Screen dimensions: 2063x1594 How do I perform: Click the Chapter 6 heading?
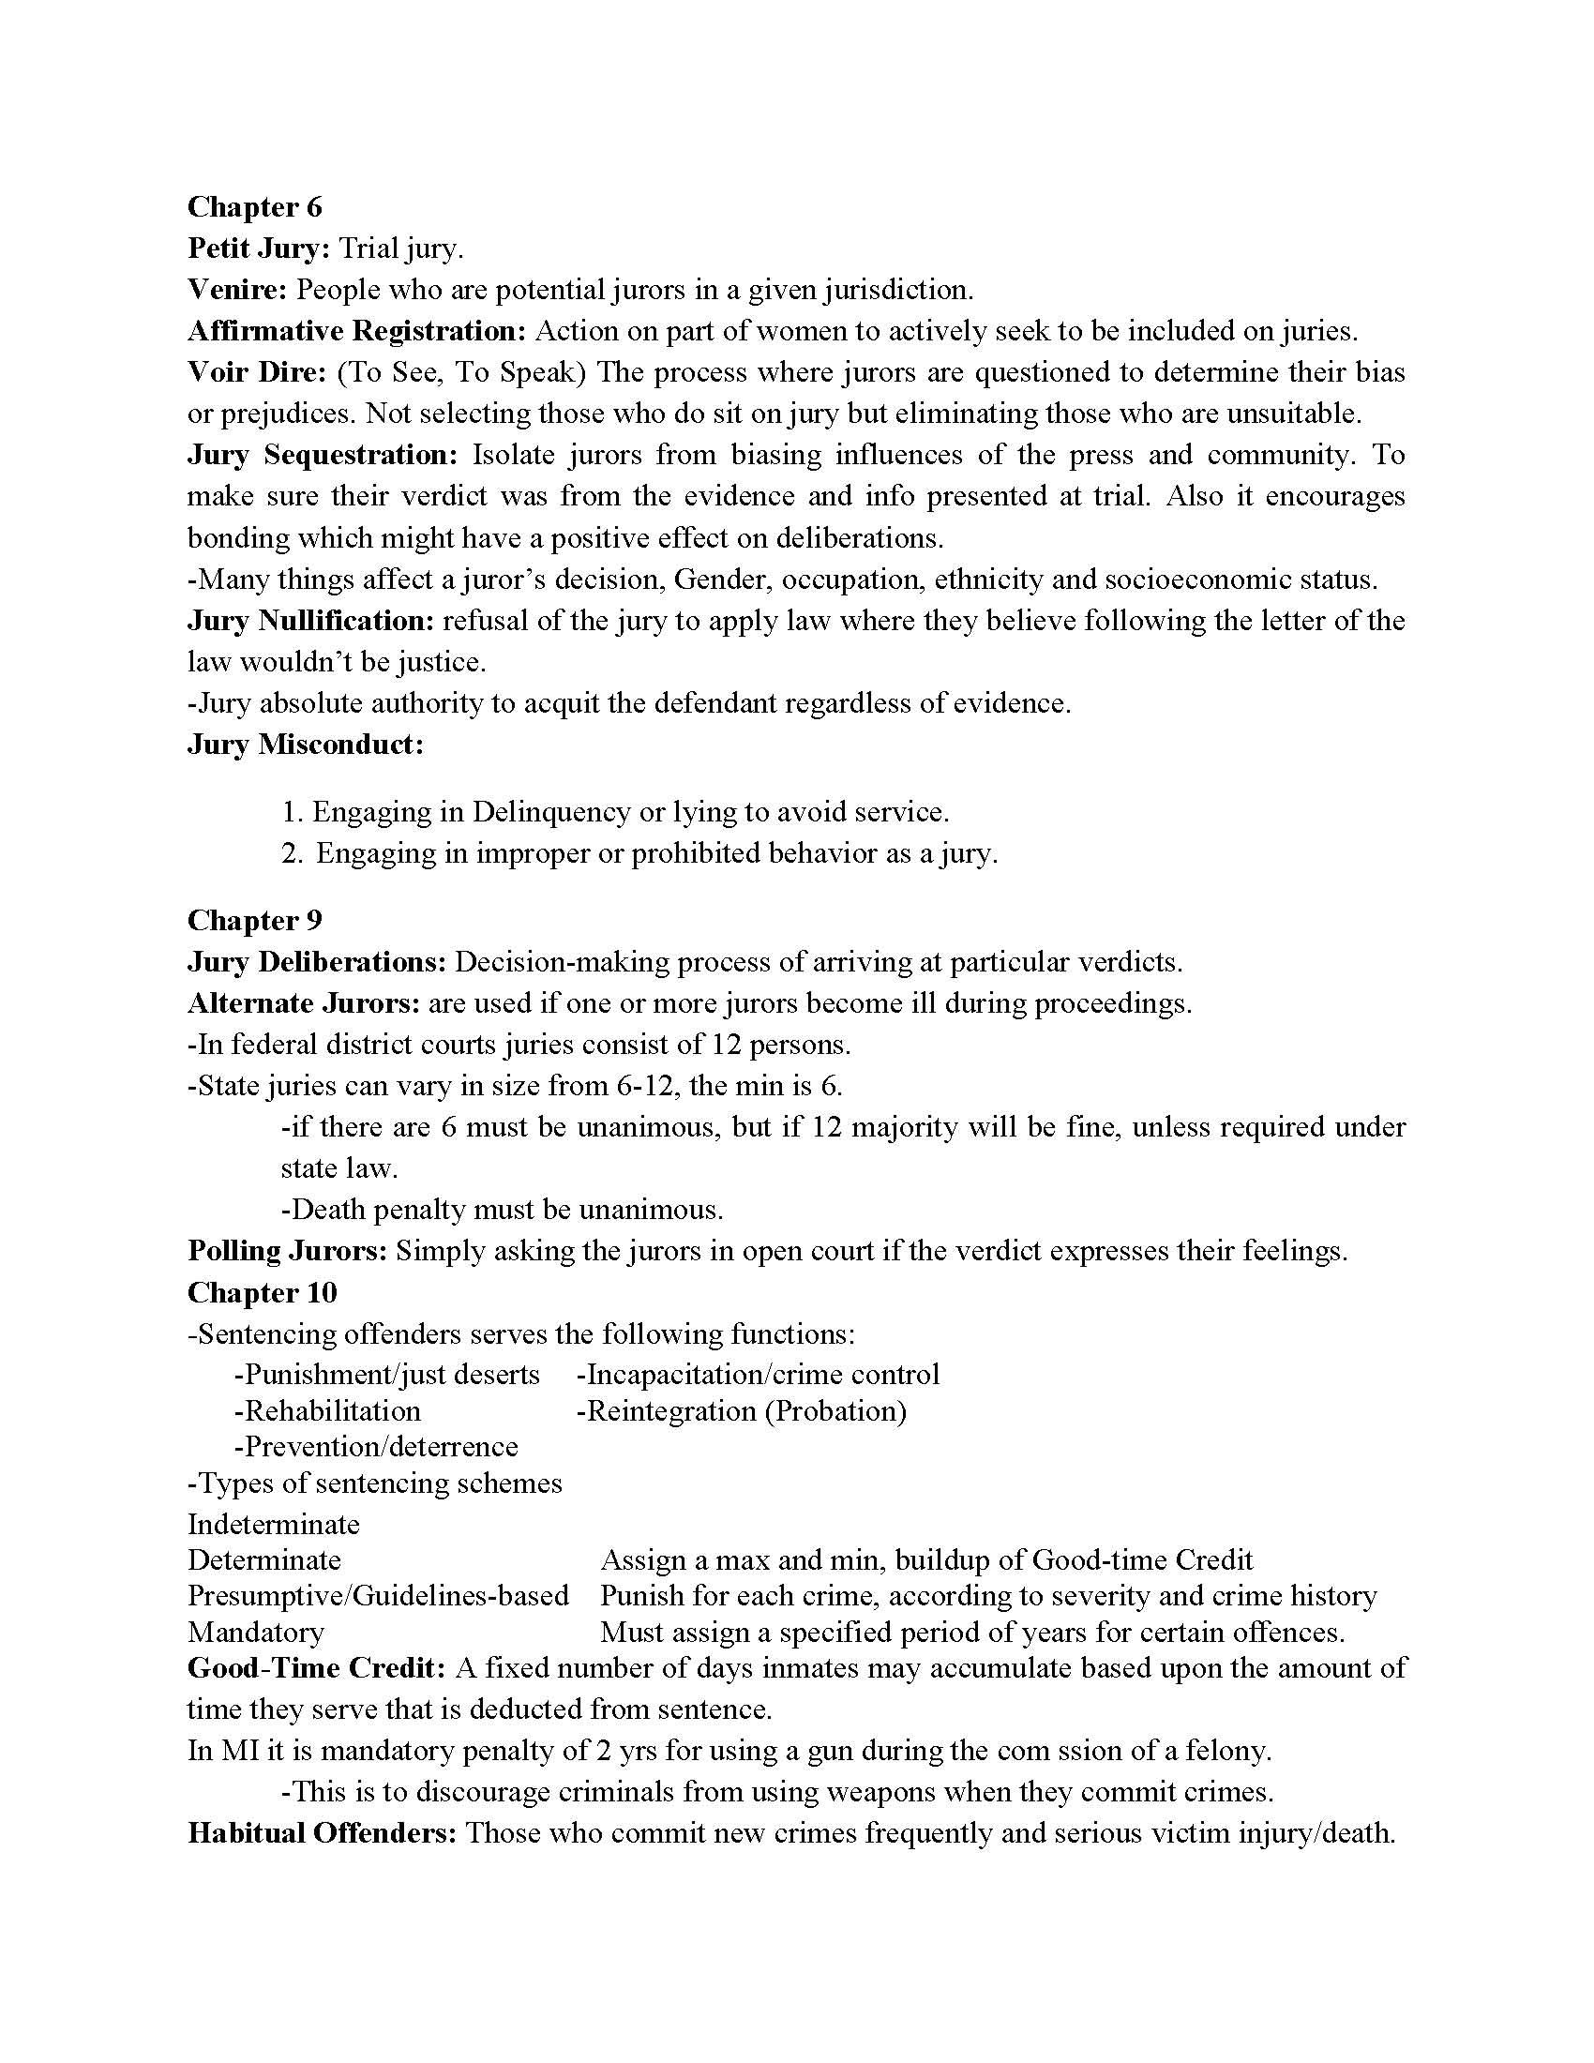(255, 207)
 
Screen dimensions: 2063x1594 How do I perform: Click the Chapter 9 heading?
(255, 920)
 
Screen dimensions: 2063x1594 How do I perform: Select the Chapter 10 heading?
(262, 1292)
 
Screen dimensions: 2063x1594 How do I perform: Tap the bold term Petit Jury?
(258, 248)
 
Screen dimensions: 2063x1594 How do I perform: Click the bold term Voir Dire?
(256, 372)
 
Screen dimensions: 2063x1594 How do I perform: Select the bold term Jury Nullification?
(310, 621)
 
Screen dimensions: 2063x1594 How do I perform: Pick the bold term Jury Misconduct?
(305, 745)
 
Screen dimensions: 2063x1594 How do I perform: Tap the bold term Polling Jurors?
(287, 1251)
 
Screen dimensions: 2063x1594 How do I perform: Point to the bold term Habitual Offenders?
(322, 1833)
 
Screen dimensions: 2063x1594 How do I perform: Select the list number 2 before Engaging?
(291, 854)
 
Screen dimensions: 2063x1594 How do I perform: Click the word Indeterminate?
(274, 1524)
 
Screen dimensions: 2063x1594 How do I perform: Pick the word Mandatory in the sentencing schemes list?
(256, 1632)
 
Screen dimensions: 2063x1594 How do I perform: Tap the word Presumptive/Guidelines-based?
(378, 1595)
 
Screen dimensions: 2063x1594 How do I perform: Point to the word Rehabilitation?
(326, 1411)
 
